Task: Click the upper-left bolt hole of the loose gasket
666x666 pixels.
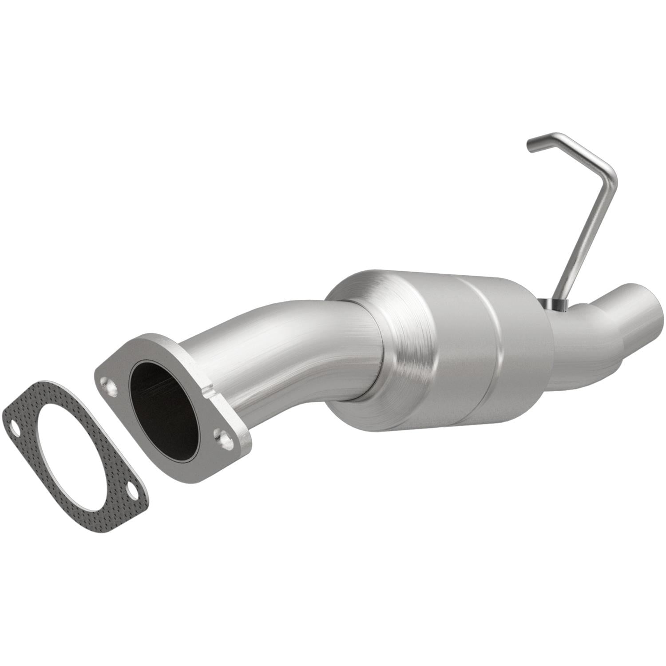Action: click(x=15, y=429)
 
